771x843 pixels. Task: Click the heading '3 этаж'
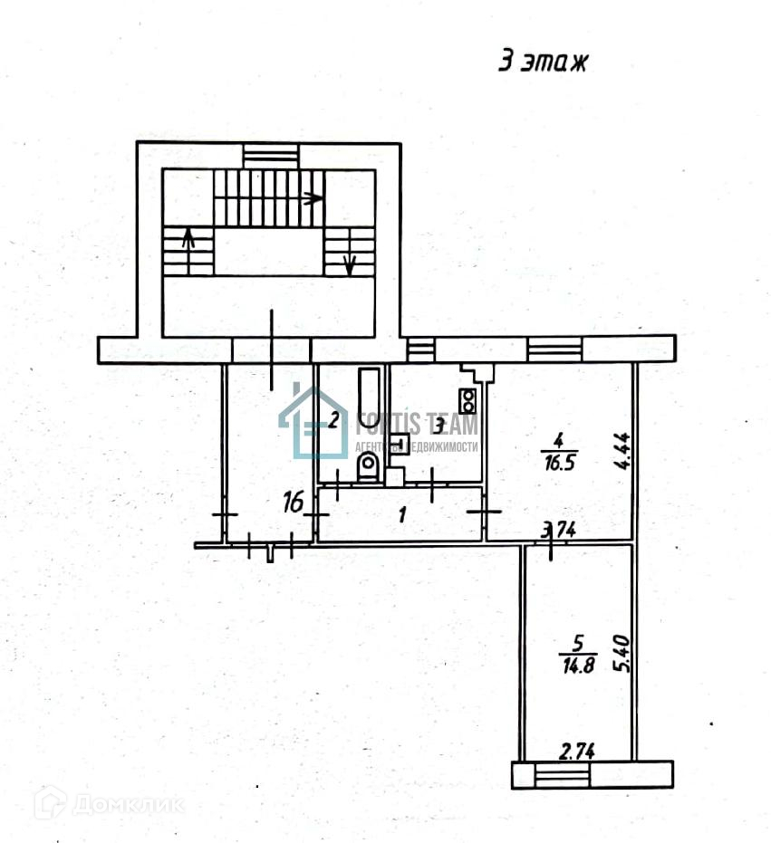click(x=544, y=62)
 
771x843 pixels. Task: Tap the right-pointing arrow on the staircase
click(x=313, y=197)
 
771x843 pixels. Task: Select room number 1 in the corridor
click(x=403, y=514)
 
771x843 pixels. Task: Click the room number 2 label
click(x=333, y=419)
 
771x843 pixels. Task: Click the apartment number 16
click(x=294, y=502)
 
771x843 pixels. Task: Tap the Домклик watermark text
click(x=127, y=803)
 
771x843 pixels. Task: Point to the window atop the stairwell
click(x=270, y=155)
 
